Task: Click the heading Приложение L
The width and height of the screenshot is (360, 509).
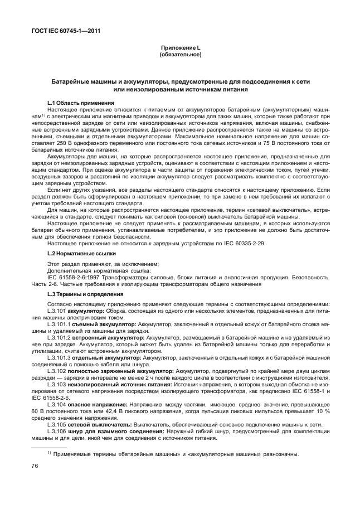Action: point(180,49)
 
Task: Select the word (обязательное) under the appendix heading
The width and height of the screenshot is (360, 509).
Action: point(180,55)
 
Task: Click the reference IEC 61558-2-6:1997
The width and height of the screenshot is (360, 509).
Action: point(72,277)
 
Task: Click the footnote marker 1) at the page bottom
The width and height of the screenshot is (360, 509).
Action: point(50,453)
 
